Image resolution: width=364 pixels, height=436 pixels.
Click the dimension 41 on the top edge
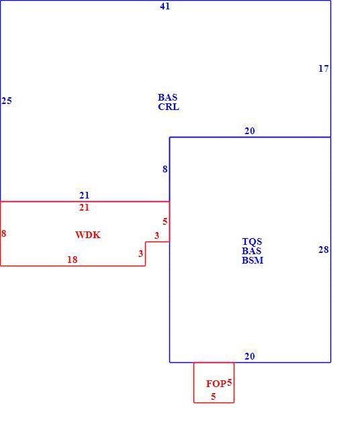click(165, 7)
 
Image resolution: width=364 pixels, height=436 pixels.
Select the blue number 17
click(323, 68)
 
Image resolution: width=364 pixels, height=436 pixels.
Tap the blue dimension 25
click(7, 101)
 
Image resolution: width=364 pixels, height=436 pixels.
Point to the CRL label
click(169, 107)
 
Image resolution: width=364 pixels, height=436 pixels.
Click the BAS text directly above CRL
click(167, 97)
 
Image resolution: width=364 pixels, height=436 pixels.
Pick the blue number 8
click(165, 169)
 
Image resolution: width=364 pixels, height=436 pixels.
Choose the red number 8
click(3, 233)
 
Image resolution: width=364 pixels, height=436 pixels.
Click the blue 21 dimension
click(85, 195)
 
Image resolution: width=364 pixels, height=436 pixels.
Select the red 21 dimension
click(84, 207)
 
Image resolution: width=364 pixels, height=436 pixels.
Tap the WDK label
click(88, 235)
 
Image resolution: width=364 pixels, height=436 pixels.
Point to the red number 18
click(72, 260)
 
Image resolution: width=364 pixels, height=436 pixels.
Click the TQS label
click(252, 241)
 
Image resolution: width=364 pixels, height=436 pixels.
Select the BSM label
click(253, 260)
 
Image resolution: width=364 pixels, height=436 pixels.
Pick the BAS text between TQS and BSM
click(251, 251)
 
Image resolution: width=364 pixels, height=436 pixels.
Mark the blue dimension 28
click(323, 250)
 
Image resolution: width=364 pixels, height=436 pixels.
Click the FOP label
click(216, 384)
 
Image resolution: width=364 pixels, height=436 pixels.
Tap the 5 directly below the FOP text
click(214, 396)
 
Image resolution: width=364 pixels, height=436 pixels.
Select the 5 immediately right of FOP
click(229, 383)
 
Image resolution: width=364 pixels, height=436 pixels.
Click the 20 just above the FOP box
click(250, 356)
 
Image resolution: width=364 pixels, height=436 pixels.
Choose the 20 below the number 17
click(250, 131)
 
